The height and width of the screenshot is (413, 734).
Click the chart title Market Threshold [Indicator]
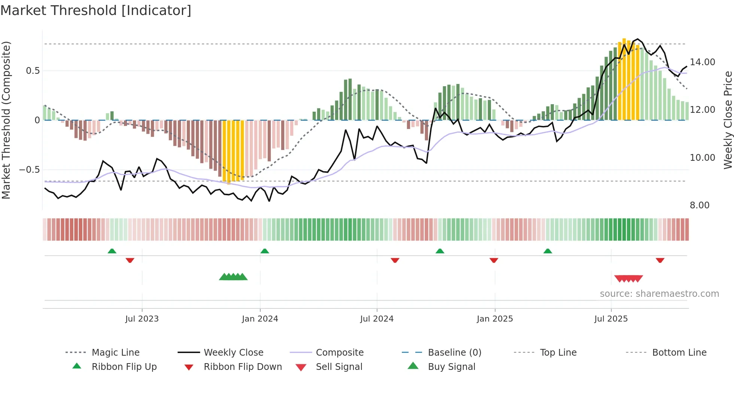[96, 10]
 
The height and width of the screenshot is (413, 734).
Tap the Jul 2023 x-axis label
[142, 319]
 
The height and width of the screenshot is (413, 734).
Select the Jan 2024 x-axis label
[260, 319]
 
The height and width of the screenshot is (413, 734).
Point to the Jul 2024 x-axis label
[377, 319]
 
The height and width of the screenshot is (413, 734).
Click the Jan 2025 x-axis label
[495, 319]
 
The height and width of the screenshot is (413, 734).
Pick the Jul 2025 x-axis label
[611, 319]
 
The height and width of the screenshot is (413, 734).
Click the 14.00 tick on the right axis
[702, 62]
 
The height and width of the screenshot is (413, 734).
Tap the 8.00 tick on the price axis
[700, 205]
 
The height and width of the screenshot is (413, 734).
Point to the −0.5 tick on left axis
[29, 170]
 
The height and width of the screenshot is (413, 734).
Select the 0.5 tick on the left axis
[33, 71]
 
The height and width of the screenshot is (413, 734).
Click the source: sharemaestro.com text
[659, 294]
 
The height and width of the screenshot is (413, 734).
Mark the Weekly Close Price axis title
[728, 120]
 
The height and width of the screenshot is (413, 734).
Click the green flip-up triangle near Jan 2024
[265, 251]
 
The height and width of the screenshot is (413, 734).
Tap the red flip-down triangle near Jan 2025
[494, 260]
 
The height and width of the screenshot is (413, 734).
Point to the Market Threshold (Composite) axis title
[6, 120]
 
